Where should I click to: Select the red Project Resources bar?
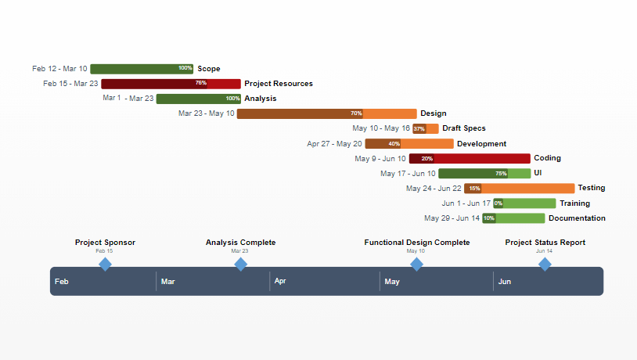pos(171,84)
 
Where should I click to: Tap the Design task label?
pos(434,113)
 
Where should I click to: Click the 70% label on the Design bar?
pos(356,113)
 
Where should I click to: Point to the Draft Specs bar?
pos(426,128)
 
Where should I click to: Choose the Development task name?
pos(481,144)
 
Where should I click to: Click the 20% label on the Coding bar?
pos(426,159)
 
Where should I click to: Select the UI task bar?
pos(484,174)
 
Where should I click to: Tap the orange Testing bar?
pos(520,189)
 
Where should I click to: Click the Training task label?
pos(574,203)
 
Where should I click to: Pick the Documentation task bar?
pos(513,218)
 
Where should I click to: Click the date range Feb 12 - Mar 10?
pos(60,69)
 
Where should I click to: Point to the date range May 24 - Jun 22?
pos(434,189)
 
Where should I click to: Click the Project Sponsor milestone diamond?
pos(105,265)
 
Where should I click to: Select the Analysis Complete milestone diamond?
pos(240,265)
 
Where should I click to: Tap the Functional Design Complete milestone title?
pos(417,243)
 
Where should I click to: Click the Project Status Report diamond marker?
pos(545,265)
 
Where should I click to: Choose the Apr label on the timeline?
pos(280,281)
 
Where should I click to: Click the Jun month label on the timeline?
pos(505,281)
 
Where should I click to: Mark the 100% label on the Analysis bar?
pos(232,99)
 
